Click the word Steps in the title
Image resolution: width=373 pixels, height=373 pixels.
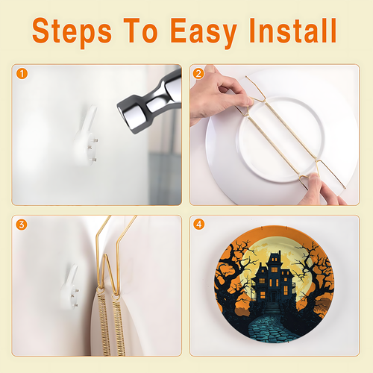(x=72, y=31)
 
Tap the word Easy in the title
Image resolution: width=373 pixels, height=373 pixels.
(x=204, y=31)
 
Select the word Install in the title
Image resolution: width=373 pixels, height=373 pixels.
(x=293, y=30)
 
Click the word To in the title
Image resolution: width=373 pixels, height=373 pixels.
(x=140, y=30)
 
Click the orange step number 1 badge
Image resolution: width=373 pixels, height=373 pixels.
(x=22, y=74)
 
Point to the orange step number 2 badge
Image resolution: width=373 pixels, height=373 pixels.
(x=198, y=74)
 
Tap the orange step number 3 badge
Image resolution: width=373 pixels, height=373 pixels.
(x=22, y=225)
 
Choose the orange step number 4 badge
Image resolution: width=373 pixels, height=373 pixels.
(x=199, y=225)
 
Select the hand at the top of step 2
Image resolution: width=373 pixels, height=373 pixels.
(x=219, y=95)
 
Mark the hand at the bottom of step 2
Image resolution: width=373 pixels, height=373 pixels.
(x=321, y=190)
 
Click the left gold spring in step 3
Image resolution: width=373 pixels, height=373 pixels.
(x=104, y=323)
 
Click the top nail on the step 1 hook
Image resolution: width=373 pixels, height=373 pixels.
(x=95, y=141)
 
